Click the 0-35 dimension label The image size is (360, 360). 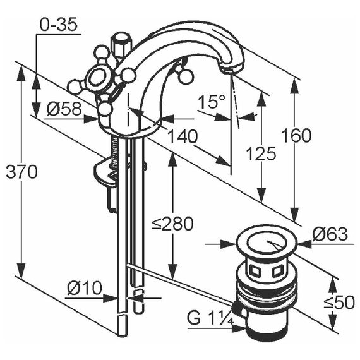click(x=59, y=25)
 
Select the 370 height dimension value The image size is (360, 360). click(x=21, y=172)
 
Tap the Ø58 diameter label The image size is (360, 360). click(x=64, y=109)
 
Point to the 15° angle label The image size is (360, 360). click(x=212, y=102)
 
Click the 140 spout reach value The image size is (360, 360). click(x=183, y=136)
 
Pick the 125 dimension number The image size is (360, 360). click(x=261, y=153)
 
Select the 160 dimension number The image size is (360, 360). click(x=296, y=135)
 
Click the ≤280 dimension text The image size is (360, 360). click(x=172, y=224)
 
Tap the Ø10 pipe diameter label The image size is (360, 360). click(x=85, y=287)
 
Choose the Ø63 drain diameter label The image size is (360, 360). click(x=330, y=234)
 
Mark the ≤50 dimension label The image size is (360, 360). click(x=339, y=303)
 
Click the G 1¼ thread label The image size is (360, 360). click(x=210, y=318)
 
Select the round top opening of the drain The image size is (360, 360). click(x=267, y=244)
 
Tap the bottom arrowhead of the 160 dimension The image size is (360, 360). click(x=294, y=214)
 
